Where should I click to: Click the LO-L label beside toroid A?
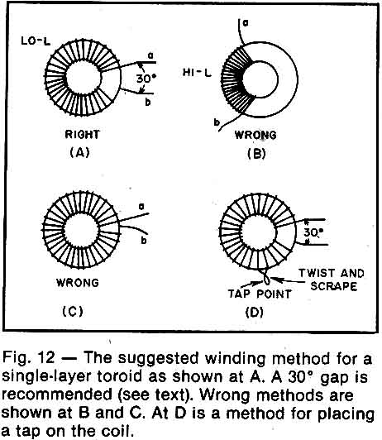(36, 41)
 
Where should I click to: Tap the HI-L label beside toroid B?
(197, 73)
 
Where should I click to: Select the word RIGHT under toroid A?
(82, 135)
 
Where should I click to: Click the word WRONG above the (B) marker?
(255, 135)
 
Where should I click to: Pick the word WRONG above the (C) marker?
(78, 282)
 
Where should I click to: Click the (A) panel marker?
(79, 152)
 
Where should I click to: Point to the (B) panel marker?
(256, 154)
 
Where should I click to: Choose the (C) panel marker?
(73, 311)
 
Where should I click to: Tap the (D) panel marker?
(255, 312)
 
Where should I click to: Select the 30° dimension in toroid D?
(313, 232)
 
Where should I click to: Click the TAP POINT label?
(260, 294)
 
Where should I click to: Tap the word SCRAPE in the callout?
(334, 286)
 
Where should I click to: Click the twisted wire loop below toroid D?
(266, 276)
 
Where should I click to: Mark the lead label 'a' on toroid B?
(246, 23)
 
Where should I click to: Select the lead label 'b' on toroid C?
(144, 241)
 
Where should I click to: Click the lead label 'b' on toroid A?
(148, 103)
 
